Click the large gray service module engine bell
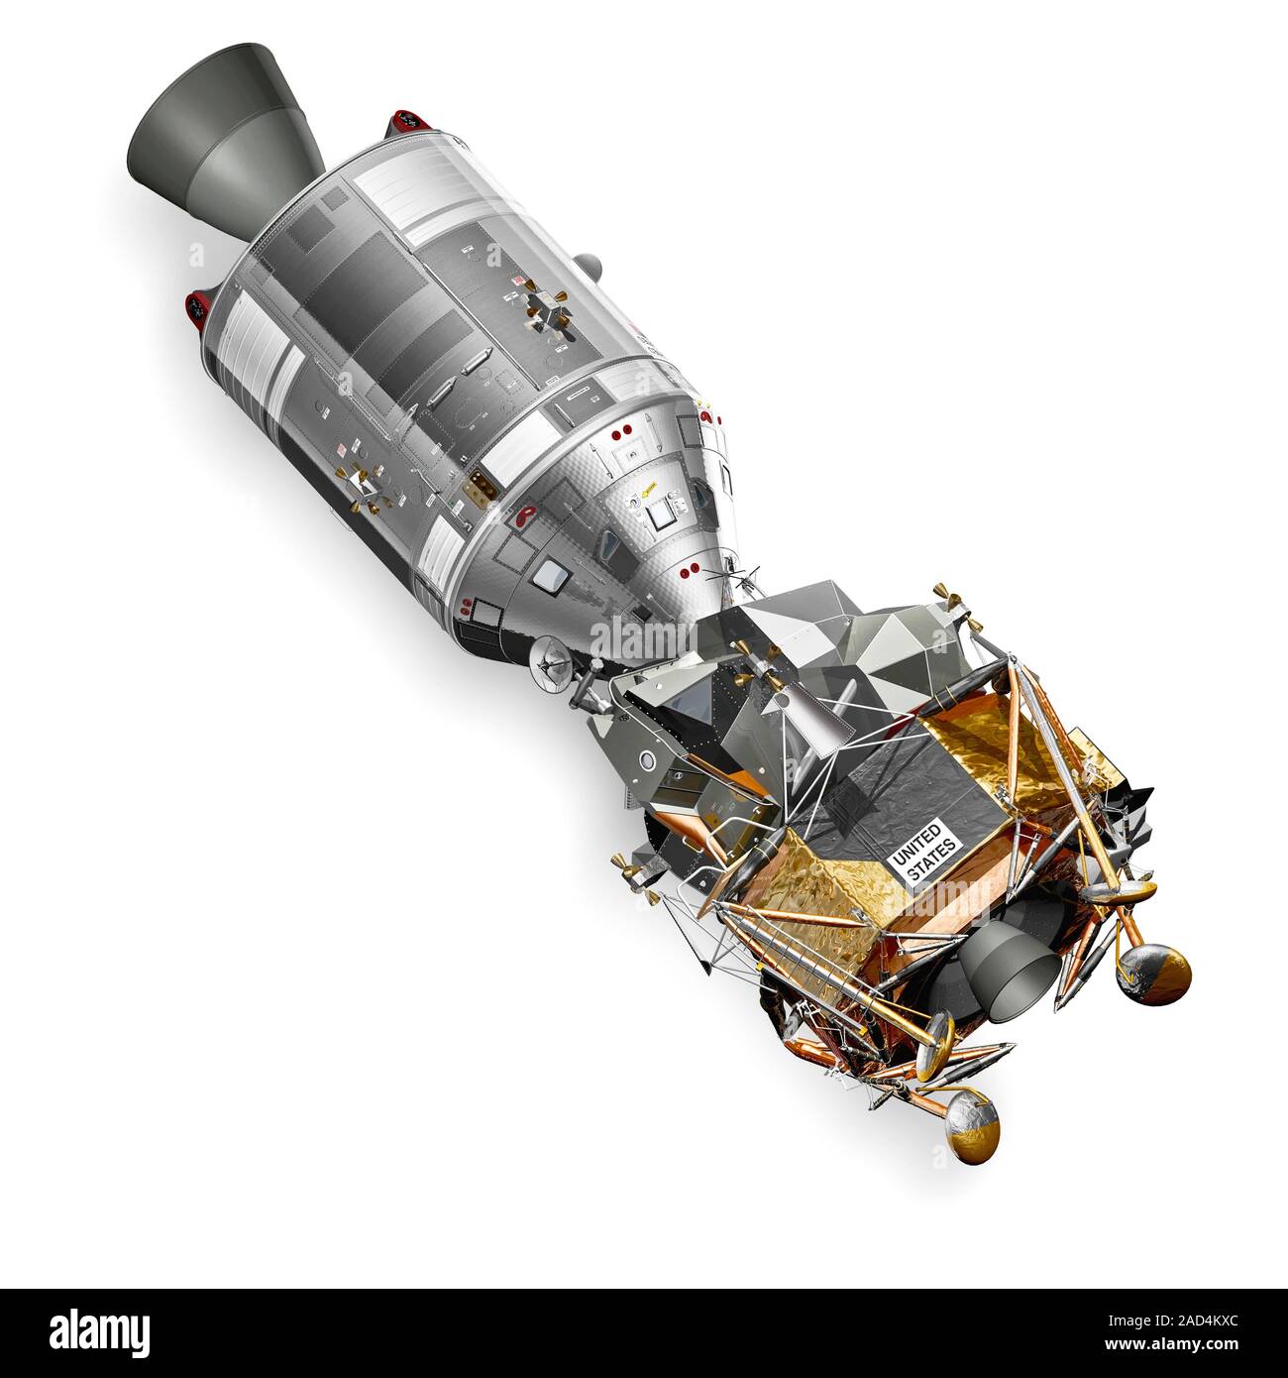222,139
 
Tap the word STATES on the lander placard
933,862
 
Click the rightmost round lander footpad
1152,975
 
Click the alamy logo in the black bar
99,1331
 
